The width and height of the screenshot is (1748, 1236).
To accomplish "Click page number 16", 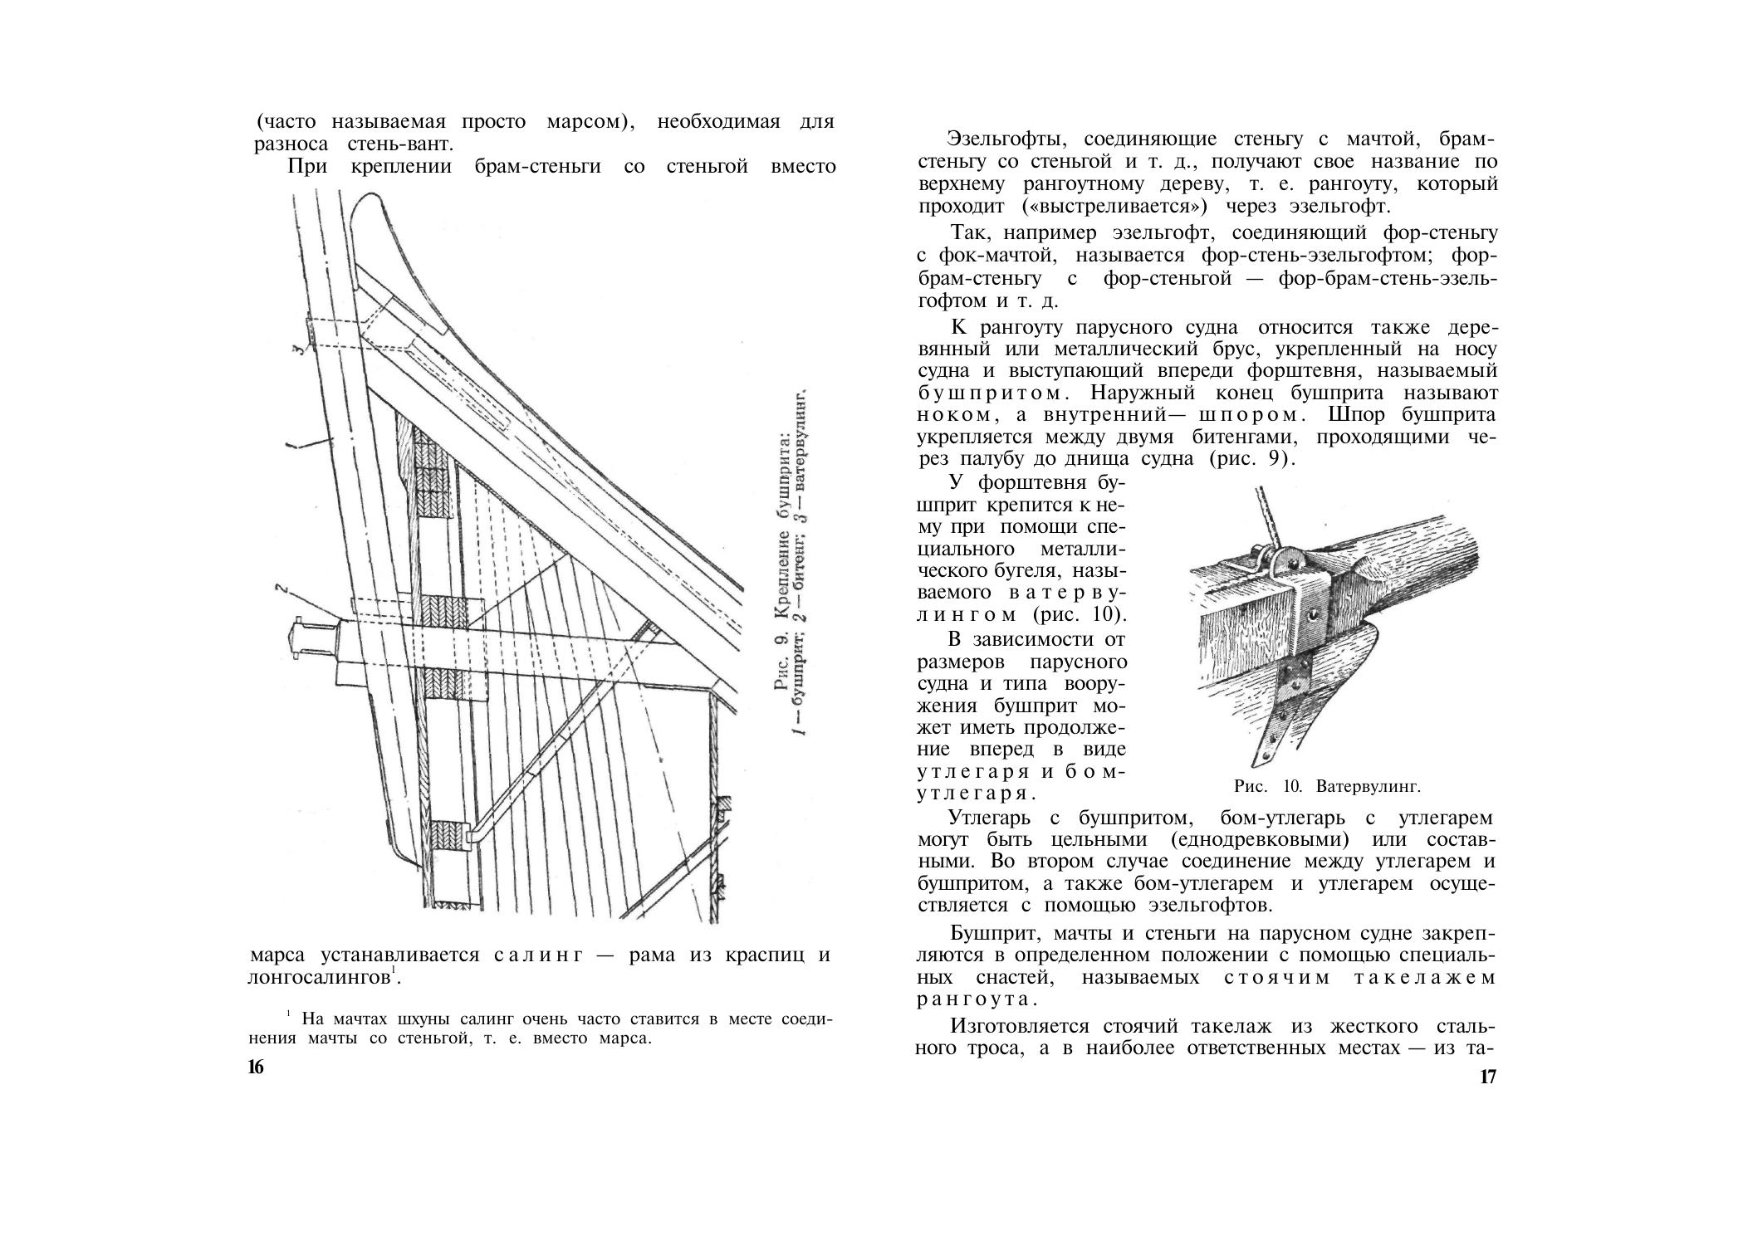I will tap(256, 1067).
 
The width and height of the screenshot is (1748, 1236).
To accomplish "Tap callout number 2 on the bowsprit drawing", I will tap(282, 590).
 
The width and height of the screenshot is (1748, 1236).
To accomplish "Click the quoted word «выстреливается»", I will tap(1109, 206).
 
